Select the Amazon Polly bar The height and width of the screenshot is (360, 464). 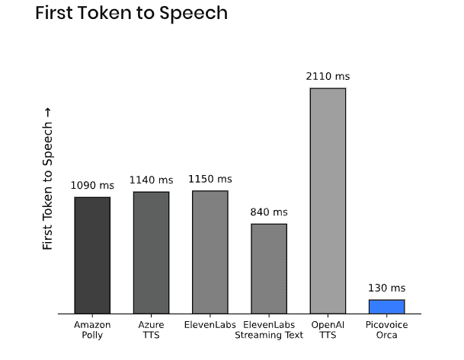pos(92,254)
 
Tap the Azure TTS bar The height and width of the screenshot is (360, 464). pos(151,252)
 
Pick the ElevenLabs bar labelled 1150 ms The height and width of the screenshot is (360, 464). pos(210,251)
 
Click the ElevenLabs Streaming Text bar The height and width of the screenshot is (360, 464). pos(269,268)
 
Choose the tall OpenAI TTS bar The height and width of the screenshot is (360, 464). pos(328,200)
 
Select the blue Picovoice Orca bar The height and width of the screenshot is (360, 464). pos(386,306)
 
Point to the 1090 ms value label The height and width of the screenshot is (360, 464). pos(92,185)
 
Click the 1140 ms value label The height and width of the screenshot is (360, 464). pos(151,180)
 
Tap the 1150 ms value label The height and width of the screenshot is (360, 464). pos(210,179)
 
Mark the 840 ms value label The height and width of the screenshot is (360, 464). pos(269,212)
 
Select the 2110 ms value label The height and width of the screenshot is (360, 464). pos(328,76)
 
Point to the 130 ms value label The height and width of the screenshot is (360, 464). pos(386,288)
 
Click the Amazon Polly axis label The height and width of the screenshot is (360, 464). pos(92,330)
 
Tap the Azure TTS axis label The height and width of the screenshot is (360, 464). pos(151,330)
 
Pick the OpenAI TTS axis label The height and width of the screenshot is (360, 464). pos(328,330)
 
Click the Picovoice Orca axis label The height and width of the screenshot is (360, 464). pos(386,330)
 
